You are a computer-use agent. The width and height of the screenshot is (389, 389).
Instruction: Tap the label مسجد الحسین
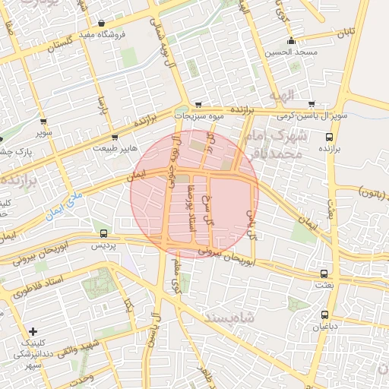[x=292, y=52]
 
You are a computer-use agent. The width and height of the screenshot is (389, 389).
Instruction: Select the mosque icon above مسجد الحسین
[x=291, y=41]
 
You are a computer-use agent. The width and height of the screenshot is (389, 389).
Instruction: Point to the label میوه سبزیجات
[x=200, y=116]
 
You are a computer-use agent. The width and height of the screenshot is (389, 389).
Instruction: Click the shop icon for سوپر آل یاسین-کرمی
[x=312, y=104]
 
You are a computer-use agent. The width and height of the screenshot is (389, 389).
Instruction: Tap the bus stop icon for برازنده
[x=329, y=138]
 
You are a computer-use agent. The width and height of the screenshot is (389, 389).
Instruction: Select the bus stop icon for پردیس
[x=103, y=233]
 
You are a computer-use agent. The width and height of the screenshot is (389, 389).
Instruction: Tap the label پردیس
[x=103, y=245]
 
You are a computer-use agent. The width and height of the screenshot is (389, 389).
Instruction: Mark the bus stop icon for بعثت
[x=324, y=274]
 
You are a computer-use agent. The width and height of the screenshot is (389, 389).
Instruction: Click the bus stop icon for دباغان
[x=324, y=315]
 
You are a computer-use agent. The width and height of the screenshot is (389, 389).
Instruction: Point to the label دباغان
[x=324, y=327]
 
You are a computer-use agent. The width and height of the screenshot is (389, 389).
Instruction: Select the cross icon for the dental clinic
[x=33, y=332]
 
